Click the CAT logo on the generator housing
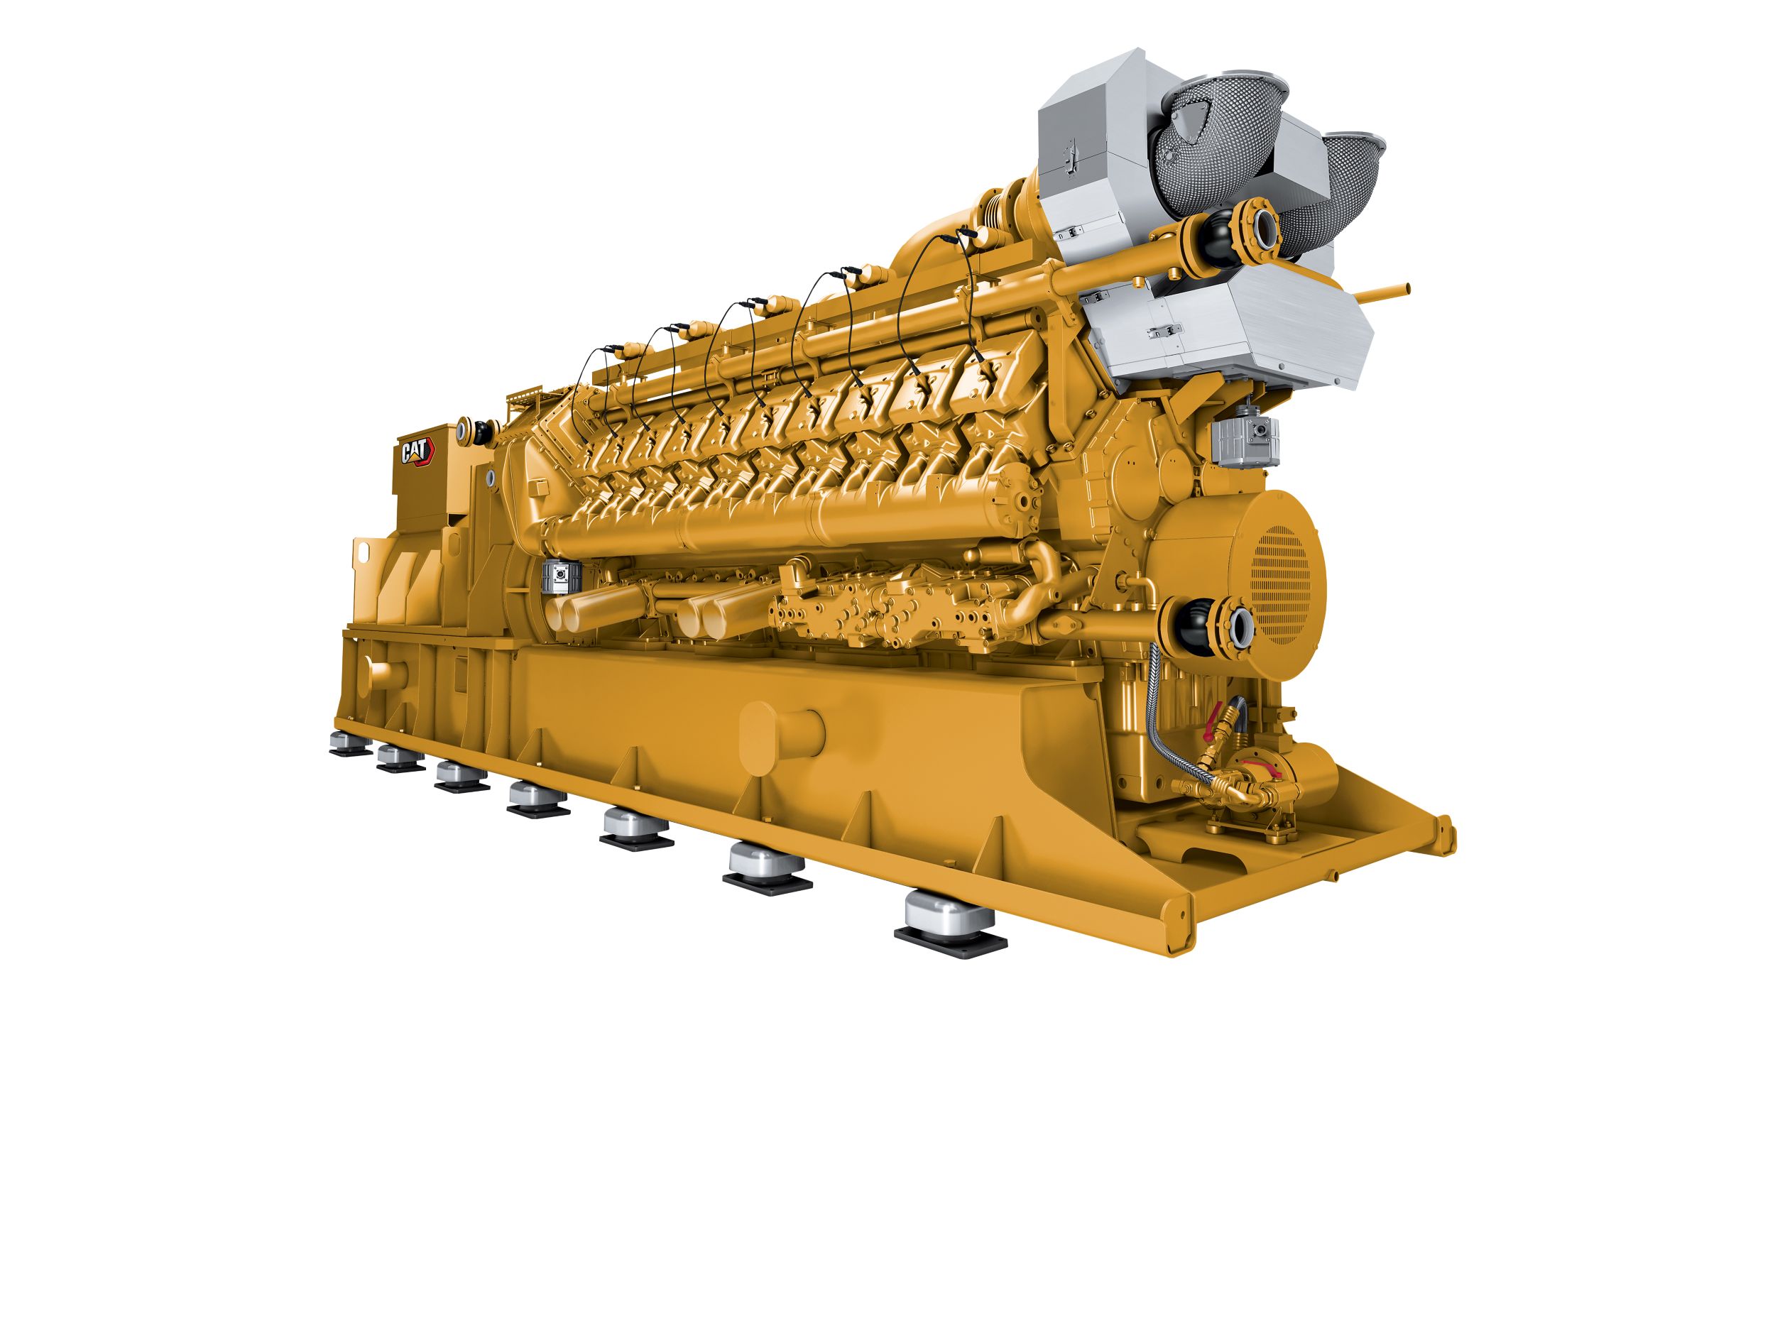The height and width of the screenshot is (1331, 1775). tap(417, 451)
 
